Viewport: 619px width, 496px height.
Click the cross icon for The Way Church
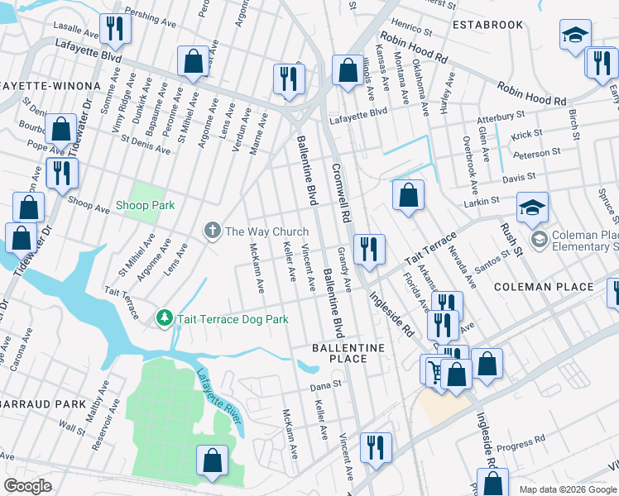(213, 231)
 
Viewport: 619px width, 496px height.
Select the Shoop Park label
(145, 205)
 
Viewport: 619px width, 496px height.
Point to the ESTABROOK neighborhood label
(487, 25)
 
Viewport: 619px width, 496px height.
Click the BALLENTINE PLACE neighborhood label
(348, 354)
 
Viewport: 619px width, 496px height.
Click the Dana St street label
(325, 384)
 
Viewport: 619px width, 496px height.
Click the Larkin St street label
(481, 199)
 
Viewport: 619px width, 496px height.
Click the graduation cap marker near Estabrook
(574, 36)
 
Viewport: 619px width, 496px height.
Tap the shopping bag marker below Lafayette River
(212, 460)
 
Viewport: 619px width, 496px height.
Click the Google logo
(28, 486)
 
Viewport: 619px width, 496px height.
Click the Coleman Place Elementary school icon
(540, 240)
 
